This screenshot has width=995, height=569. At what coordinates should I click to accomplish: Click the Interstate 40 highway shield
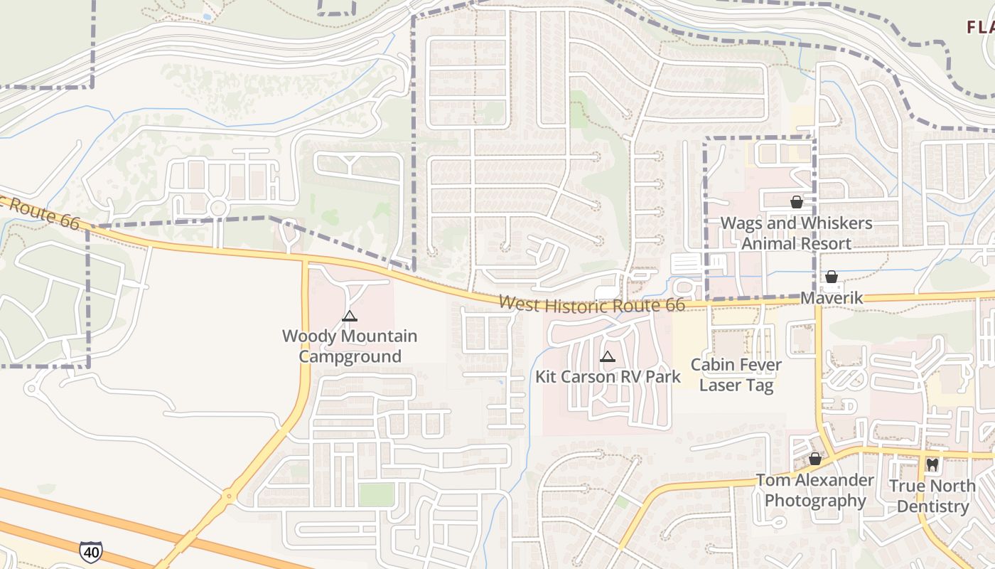point(90,551)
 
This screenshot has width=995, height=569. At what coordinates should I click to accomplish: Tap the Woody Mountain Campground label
point(349,346)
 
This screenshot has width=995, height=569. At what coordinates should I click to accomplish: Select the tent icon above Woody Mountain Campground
point(349,316)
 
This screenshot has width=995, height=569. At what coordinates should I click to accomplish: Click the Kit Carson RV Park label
point(608,376)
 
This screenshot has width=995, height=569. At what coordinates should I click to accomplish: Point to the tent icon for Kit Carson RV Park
point(607,357)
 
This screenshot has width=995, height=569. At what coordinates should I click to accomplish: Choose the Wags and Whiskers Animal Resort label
point(796,233)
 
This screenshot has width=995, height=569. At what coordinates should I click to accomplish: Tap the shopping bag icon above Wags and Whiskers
point(797,203)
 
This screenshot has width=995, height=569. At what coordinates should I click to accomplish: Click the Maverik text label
point(832,297)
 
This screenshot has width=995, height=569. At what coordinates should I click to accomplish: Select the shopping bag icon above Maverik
point(831,277)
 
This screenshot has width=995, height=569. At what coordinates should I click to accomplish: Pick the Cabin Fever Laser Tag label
point(736,375)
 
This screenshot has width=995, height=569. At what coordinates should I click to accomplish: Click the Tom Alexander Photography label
point(814,490)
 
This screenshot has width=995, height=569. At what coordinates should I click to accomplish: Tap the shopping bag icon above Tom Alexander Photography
point(815,459)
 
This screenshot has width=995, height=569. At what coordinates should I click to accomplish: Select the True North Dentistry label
point(932,496)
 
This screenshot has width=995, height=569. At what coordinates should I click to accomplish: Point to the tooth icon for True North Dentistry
point(932,465)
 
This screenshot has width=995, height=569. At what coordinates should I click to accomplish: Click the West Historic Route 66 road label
point(591,304)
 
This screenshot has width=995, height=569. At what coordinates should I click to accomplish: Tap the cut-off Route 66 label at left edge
point(39,211)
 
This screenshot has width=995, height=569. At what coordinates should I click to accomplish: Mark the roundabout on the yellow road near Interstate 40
point(228,496)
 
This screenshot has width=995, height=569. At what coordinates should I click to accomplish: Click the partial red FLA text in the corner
point(980,28)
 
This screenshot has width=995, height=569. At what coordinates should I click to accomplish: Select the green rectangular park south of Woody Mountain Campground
point(376,494)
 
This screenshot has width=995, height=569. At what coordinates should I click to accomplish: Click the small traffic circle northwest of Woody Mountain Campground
point(218,208)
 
